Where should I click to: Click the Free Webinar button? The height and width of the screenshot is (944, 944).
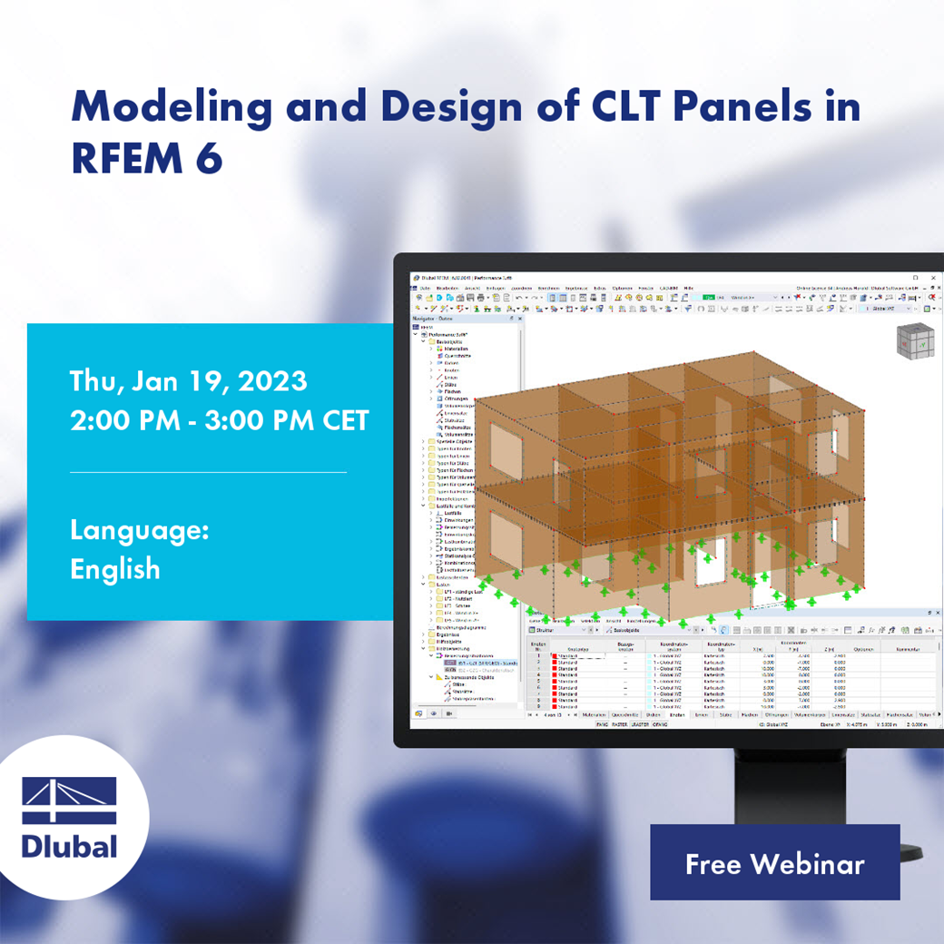click(774, 862)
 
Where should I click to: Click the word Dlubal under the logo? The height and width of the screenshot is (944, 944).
click(69, 847)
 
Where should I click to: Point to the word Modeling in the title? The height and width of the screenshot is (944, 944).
click(172, 107)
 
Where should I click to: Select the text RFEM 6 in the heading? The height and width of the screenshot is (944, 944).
click(146, 157)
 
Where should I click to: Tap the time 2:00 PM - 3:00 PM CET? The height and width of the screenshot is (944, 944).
click(220, 420)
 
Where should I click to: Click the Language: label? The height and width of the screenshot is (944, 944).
click(139, 530)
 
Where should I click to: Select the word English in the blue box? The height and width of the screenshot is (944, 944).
click(115, 569)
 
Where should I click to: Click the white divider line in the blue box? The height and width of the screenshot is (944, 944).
click(208, 472)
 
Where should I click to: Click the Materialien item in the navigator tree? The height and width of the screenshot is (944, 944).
click(456, 349)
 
